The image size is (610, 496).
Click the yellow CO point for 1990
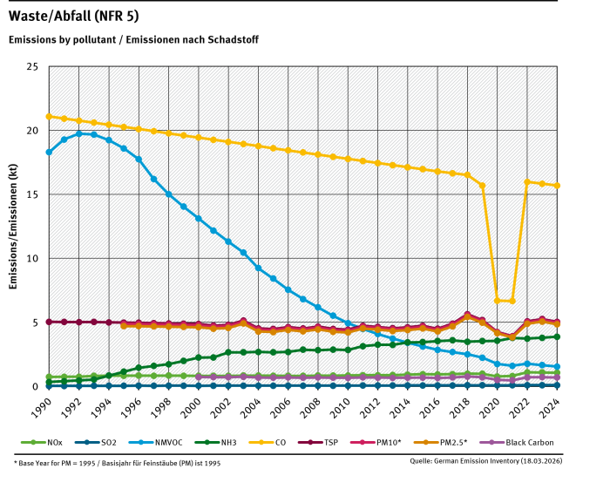click(49, 116)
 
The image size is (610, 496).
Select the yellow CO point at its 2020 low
click(497, 301)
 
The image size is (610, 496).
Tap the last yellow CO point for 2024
click(557, 186)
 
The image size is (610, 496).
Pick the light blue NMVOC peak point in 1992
click(79, 133)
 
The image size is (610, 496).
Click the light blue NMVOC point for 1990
click(49, 153)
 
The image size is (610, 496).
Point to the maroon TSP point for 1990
click(49, 322)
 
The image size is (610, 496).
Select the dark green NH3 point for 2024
click(557, 336)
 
